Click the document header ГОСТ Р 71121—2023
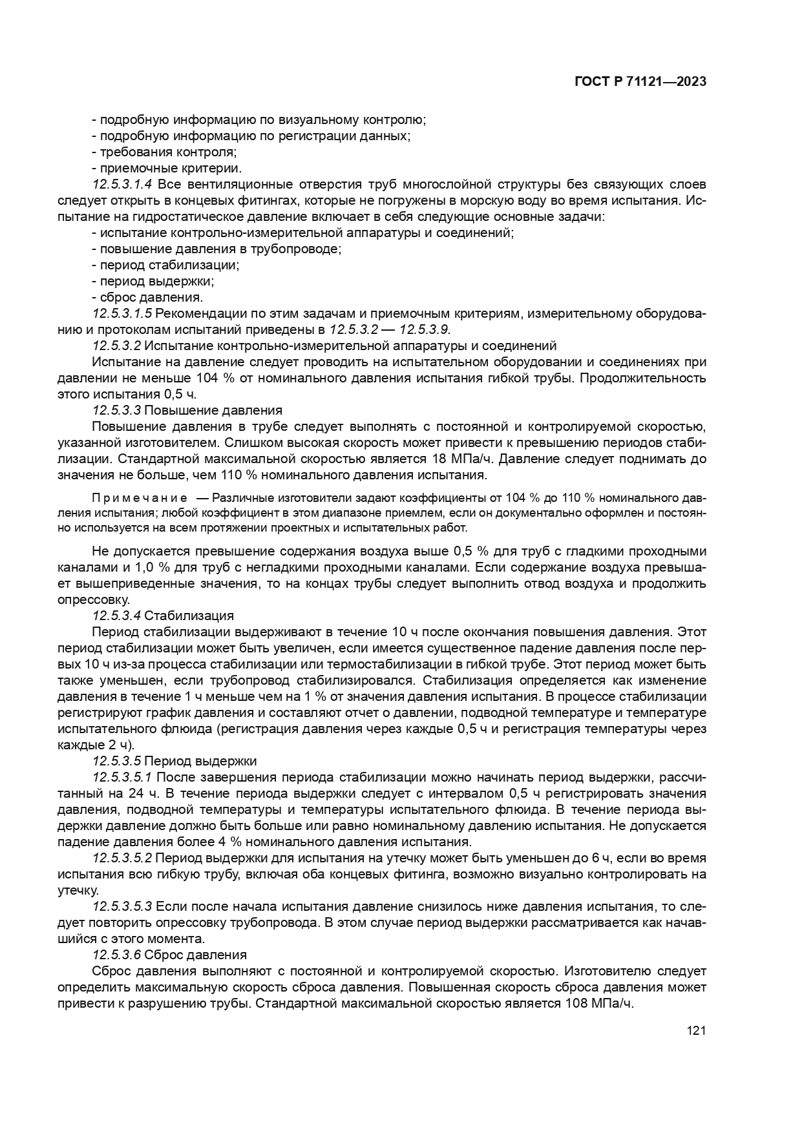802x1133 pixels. coord(639,82)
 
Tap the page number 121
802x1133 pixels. coord(696,1031)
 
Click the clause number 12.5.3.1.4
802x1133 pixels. coord(122,185)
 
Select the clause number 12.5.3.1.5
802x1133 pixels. coord(122,314)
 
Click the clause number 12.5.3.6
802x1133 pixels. coord(116,955)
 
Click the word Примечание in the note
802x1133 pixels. coord(140,498)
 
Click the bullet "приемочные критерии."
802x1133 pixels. coord(167,169)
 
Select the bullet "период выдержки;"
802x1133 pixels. coord(153,282)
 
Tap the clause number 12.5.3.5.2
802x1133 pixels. coord(122,858)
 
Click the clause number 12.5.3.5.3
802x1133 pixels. coord(122,906)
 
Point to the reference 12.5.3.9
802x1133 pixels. coord(424,330)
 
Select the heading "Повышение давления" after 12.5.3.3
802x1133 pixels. coord(213,411)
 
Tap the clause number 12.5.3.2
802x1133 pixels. coord(116,346)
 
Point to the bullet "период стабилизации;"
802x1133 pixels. coord(165,265)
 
